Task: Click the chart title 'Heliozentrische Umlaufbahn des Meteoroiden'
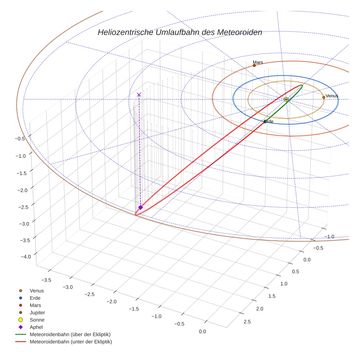pyautogui.click(x=180, y=32)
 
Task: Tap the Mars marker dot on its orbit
pyautogui.click(x=254, y=65)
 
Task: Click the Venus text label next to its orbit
pyautogui.click(x=332, y=96)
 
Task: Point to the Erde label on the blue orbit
pyautogui.click(x=269, y=121)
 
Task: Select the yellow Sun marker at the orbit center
pyautogui.click(x=286, y=99)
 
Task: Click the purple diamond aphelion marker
pyautogui.click(x=140, y=207)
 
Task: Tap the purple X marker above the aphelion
pyautogui.click(x=139, y=95)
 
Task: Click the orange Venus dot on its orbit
pyautogui.click(x=324, y=97)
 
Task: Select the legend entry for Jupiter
pyautogui.click(x=37, y=312)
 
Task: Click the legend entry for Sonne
pyautogui.click(x=37, y=320)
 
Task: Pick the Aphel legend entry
pyautogui.click(x=36, y=327)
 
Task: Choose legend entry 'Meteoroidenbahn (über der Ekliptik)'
pyautogui.click(x=70, y=334)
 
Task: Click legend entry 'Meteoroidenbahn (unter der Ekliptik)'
pyautogui.click(x=71, y=342)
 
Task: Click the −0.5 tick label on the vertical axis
pyautogui.click(x=20, y=138)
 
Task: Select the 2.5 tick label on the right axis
pyautogui.click(x=247, y=322)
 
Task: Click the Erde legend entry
pyautogui.click(x=35, y=298)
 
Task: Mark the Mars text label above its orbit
pyautogui.click(x=258, y=62)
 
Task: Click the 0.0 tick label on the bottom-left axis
pyautogui.click(x=202, y=331)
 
